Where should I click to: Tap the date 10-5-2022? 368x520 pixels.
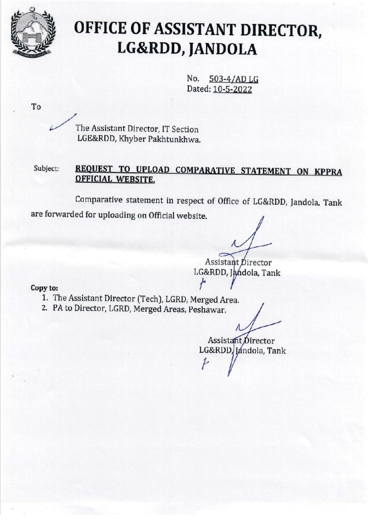click(233, 89)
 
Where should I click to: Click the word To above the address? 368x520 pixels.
click(36, 107)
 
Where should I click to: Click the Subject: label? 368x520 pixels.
click(46, 168)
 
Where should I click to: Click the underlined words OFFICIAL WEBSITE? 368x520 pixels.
click(115, 179)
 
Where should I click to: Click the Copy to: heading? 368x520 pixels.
click(44, 288)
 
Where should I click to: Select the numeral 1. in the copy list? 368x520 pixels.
click(46, 299)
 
